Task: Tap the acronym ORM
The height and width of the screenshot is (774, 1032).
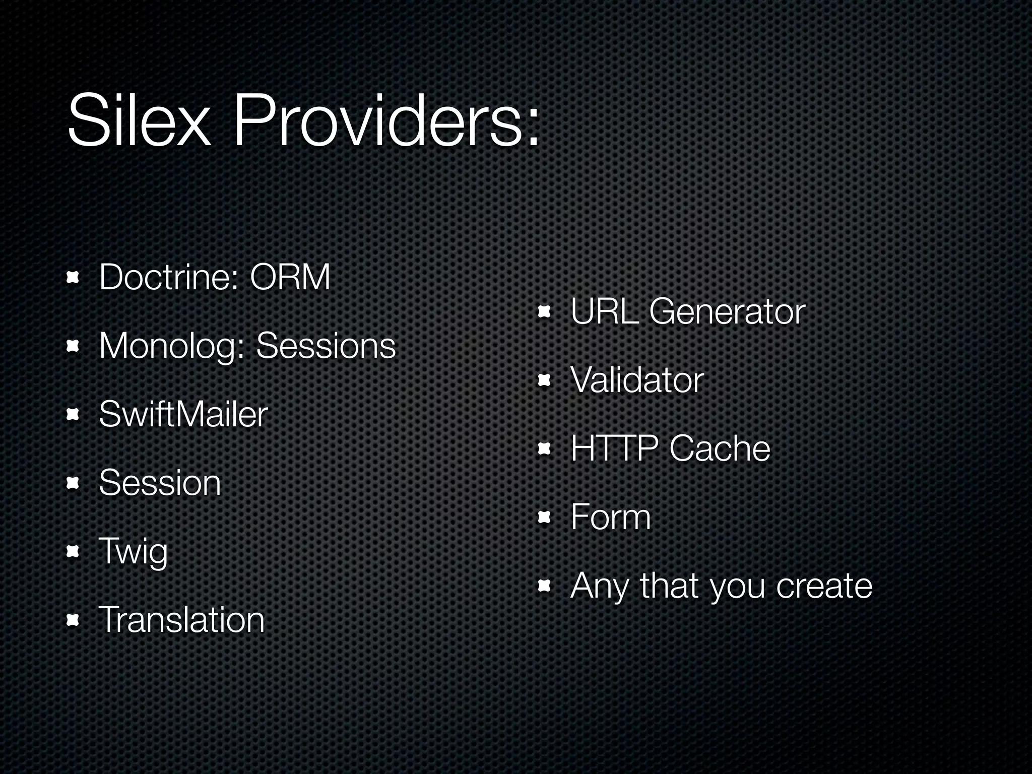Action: click(x=290, y=278)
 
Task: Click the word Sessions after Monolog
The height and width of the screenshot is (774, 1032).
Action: click(x=326, y=347)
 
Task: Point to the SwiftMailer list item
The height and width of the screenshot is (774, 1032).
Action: click(x=183, y=415)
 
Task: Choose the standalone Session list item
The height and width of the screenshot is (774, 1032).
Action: click(x=160, y=483)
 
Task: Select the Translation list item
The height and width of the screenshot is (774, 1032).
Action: click(x=181, y=620)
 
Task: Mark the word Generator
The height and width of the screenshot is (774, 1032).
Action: click(x=727, y=312)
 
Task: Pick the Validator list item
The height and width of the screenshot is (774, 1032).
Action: click(x=636, y=380)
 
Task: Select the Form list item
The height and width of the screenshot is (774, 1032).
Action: click(x=610, y=518)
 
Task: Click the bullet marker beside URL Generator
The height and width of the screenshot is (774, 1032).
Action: click(x=544, y=312)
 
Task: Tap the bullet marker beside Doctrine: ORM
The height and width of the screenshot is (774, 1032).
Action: click(x=73, y=278)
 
